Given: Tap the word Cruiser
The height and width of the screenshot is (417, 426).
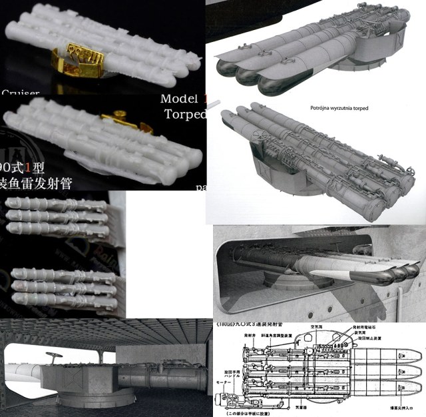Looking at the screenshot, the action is [21, 93].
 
